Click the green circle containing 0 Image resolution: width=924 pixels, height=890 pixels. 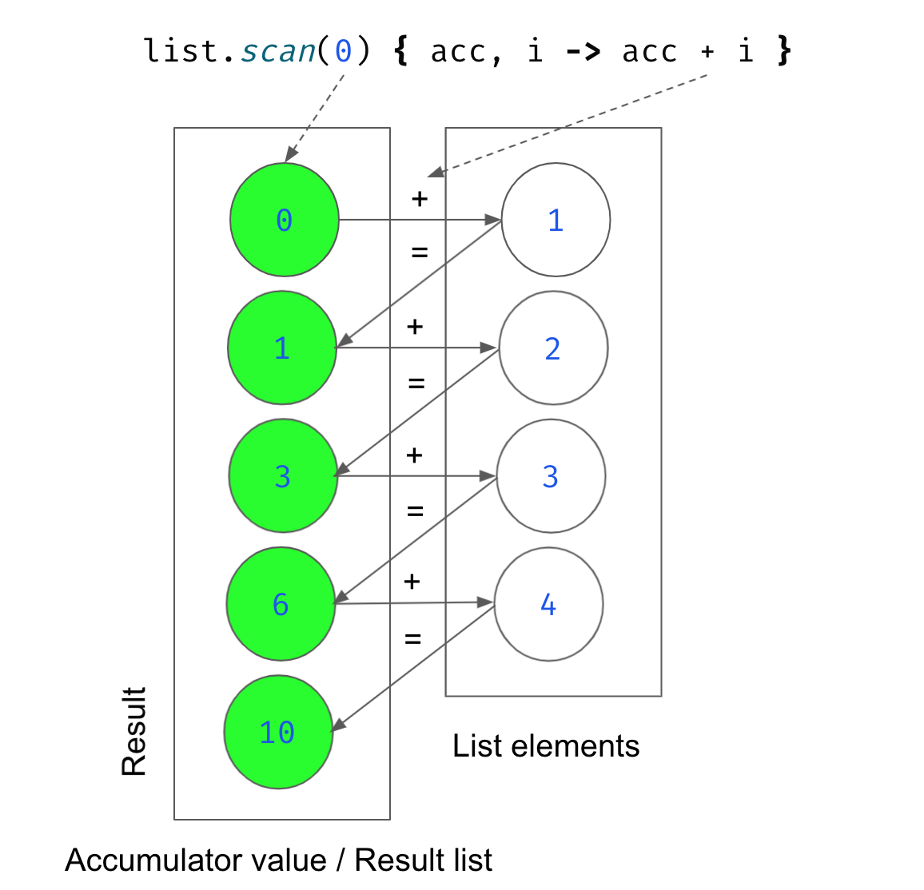pos(285,220)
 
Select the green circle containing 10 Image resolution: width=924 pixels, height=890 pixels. pos(278,732)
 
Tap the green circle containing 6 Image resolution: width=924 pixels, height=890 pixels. pos(281,604)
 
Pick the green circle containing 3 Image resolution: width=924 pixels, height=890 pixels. pos(283,476)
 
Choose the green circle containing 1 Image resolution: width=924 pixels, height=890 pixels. pos(282,348)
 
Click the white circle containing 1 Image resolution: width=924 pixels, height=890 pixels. pos(556,220)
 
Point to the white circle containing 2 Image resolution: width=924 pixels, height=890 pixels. pos(553,348)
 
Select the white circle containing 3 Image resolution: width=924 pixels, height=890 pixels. pos(551,476)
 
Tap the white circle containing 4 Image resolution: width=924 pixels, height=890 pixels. pos(548,604)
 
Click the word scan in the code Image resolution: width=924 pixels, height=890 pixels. pos(278,52)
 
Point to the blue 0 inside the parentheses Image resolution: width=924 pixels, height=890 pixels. pos(343,52)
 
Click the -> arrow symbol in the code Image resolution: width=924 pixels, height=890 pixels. pos(583,52)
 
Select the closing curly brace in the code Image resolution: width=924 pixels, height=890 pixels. pos(784,52)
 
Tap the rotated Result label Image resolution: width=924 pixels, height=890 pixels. pos(134,731)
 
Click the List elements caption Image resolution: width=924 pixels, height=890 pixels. pos(546,746)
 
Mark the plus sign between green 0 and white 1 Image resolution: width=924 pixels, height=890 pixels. pos(420,198)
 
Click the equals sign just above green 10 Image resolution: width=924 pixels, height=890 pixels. pos(412,639)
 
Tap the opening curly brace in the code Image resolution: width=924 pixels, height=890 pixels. pos(400,52)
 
